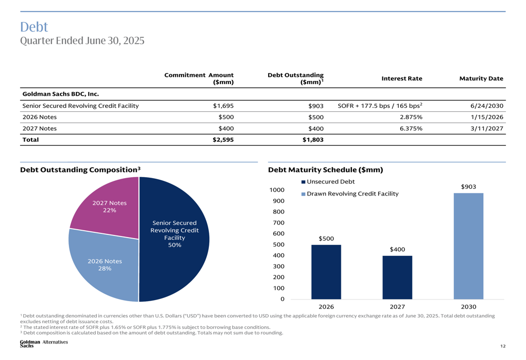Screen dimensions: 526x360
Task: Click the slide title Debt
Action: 34,27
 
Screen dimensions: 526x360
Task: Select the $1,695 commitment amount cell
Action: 223,106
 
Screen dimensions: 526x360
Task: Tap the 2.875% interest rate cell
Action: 411,117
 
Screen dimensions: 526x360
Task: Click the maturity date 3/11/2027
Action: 487,129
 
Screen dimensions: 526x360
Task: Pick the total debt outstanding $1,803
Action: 313,140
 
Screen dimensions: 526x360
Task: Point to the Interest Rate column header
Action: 402,78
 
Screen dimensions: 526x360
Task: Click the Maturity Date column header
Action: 481,78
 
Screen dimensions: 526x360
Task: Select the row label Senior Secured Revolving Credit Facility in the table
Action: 80,106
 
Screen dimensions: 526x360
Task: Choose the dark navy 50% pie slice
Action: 174,239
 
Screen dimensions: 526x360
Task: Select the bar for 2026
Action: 326,272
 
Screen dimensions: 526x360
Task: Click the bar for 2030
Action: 468,246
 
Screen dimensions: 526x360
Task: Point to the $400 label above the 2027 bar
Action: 397,250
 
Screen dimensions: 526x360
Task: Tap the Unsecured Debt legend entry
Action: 328,182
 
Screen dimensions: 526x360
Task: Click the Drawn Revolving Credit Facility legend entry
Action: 350,194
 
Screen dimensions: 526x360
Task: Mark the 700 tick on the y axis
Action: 278,223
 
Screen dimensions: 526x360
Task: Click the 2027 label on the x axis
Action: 397,307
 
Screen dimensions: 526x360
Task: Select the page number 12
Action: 503,346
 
